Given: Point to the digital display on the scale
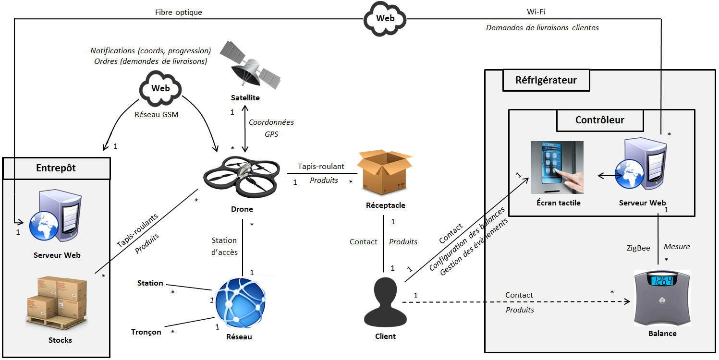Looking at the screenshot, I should tap(662, 280).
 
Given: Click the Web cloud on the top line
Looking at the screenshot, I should tap(385, 18).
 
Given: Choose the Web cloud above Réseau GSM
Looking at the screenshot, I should tap(160, 89).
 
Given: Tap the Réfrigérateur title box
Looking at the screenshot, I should tap(546, 80).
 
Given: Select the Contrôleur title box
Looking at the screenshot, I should tap(599, 120).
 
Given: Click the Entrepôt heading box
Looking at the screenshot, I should tap(56, 168).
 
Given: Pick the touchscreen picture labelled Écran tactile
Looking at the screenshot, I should tap(557, 168).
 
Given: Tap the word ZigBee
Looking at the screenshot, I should tap(638, 248).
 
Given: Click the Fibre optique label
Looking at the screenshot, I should tap(179, 12).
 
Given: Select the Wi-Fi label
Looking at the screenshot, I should tap(536, 12).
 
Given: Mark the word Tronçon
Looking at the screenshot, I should tap(146, 332).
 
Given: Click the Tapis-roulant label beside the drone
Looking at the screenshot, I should tap(321, 167).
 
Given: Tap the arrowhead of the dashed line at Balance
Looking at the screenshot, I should tap(626, 302).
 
